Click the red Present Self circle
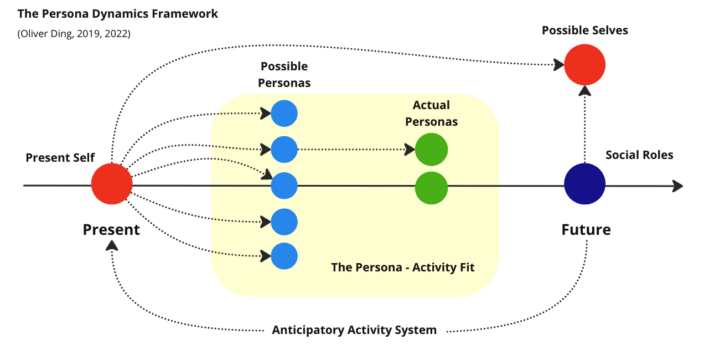pos(112,184)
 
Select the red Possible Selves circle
pos(584,65)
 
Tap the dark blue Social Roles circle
pos(584,184)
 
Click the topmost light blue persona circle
pos(284,114)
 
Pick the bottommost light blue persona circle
pos(284,256)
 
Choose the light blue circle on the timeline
pos(284,186)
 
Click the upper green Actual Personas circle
pos(431,150)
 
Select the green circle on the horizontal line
pos(431,188)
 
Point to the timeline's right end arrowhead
pos(678,186)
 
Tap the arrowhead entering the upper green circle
pos(410,150)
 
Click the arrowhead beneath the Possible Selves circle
pos(584,91)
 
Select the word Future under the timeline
pos(586,229)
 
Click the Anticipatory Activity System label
pos(354,331)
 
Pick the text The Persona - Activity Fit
pos(403,268)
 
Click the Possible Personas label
pos(284,75)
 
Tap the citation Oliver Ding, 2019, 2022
pos(74,34)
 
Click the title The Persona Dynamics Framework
pos(118,14)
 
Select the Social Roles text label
pos(639,155)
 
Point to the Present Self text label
pos(60,158)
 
